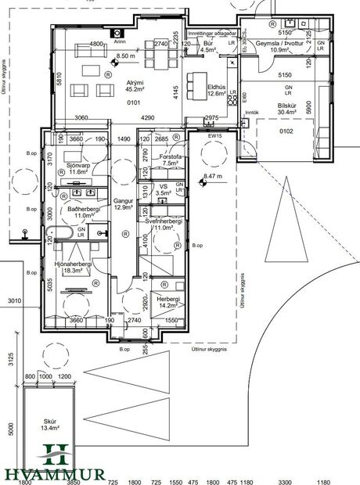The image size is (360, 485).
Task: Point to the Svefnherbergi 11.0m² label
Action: [x=164, y=225]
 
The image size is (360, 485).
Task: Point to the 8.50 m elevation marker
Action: [x=126, y=56]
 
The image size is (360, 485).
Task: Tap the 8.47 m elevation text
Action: [x=213, y=177]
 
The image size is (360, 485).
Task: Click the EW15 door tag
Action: [x=211, y=135]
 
